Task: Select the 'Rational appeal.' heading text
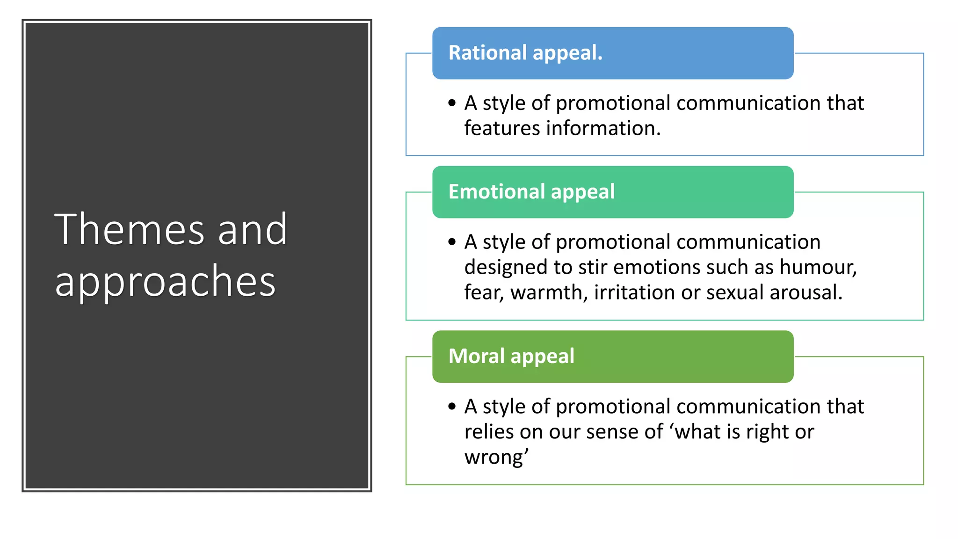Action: (x=525, y=52)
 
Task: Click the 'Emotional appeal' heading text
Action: (x=531, y=191)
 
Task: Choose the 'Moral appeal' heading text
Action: (x=511, y=356)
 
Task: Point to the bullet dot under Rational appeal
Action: (x=451, y=103)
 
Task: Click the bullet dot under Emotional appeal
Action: (x=451, y=242)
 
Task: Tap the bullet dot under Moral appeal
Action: (x=451, y=406)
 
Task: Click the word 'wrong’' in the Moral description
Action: (x=496, y=457)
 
